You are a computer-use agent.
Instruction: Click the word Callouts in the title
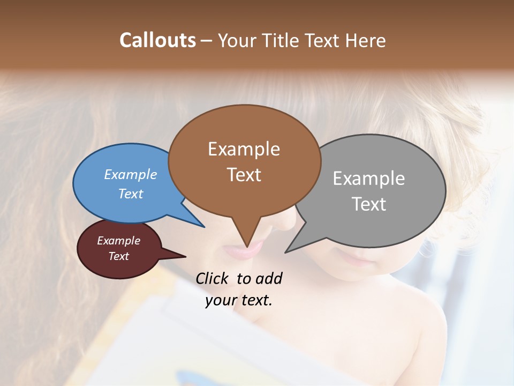157,40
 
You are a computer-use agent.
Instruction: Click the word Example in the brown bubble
244,149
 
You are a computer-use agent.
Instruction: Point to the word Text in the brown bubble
244,175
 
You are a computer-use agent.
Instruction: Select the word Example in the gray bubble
368,179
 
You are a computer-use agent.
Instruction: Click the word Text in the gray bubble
369,204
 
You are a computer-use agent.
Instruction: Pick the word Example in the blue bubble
131,174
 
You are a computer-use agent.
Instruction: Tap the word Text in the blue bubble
131,194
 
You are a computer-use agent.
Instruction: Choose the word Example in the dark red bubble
118,241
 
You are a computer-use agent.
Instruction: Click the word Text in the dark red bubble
118,256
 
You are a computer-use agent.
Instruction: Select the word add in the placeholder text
269,278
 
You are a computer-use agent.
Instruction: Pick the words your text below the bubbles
238,300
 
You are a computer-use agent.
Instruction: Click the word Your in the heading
238,40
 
